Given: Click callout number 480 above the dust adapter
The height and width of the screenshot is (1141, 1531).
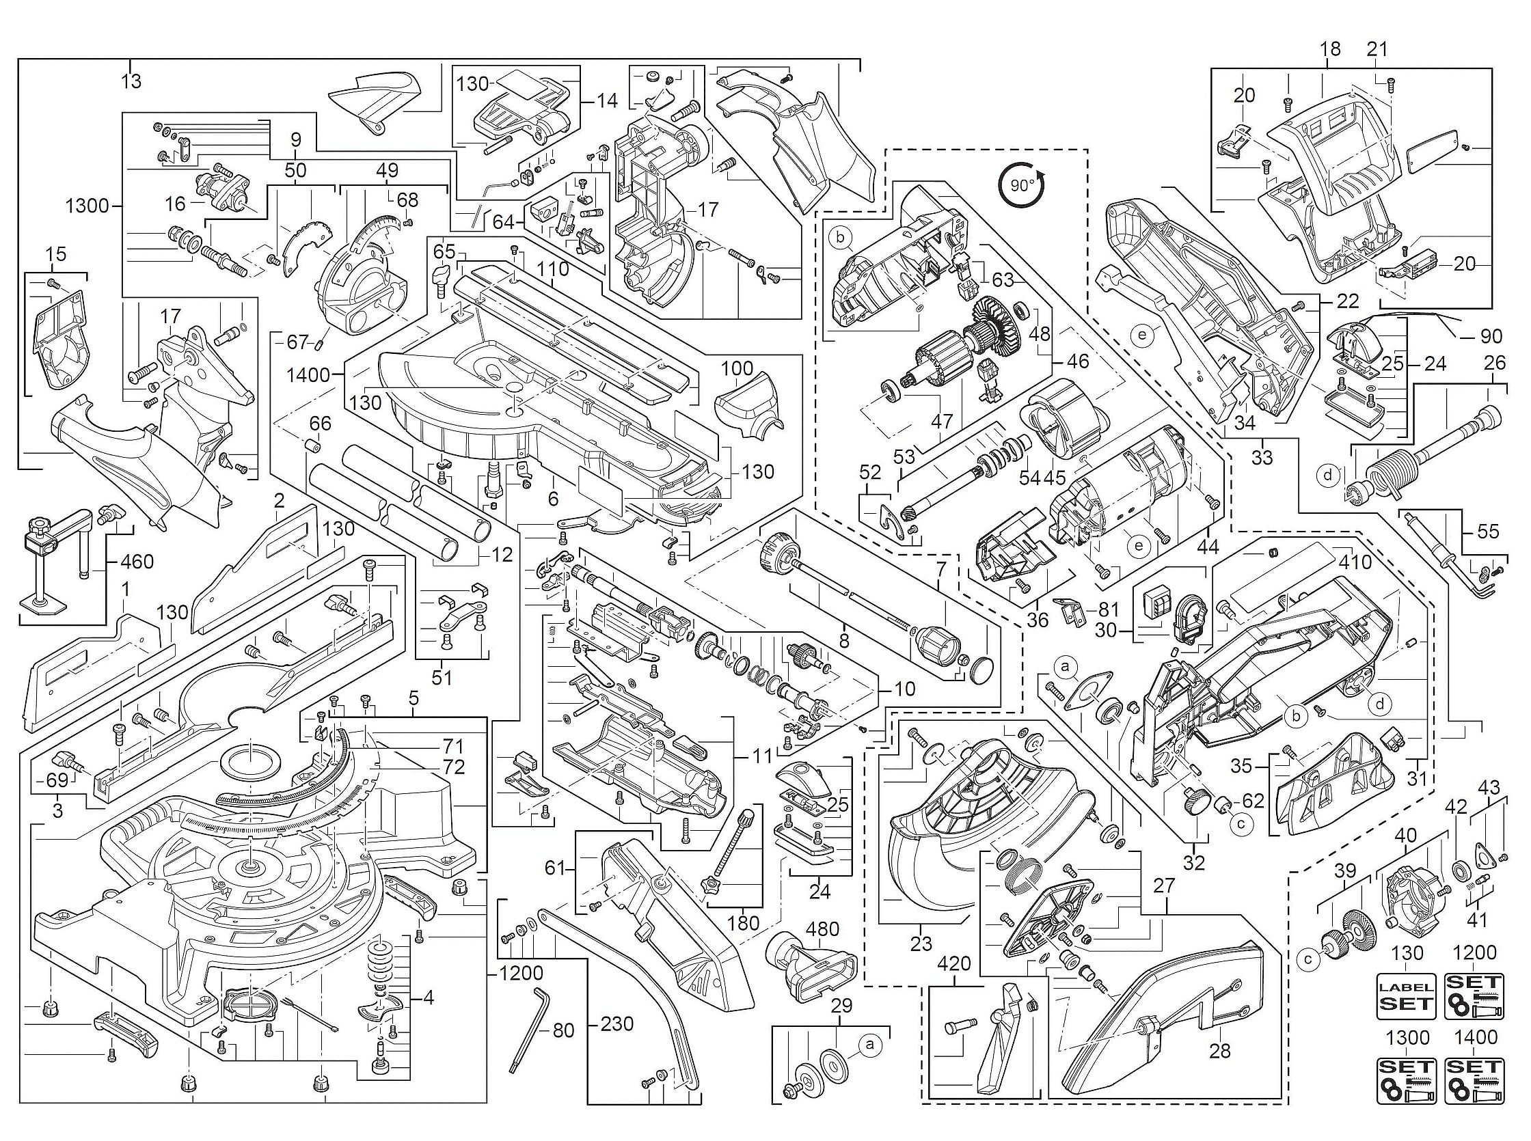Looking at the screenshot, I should click(824, 930).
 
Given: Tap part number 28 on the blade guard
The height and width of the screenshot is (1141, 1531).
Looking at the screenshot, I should click(1220, 1051).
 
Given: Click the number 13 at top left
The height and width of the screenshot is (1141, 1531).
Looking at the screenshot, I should click(131, 81).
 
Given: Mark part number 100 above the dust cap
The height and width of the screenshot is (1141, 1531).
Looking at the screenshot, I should click(737, 368).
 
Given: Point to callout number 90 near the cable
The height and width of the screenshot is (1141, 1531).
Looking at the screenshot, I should click(1491, 335).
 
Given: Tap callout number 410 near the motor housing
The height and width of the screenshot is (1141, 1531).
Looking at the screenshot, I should click(1354, 562).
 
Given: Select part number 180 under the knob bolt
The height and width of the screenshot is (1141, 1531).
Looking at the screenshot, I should click(744, 923).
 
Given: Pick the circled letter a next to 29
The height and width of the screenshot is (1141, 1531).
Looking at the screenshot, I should click(869, 1045).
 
